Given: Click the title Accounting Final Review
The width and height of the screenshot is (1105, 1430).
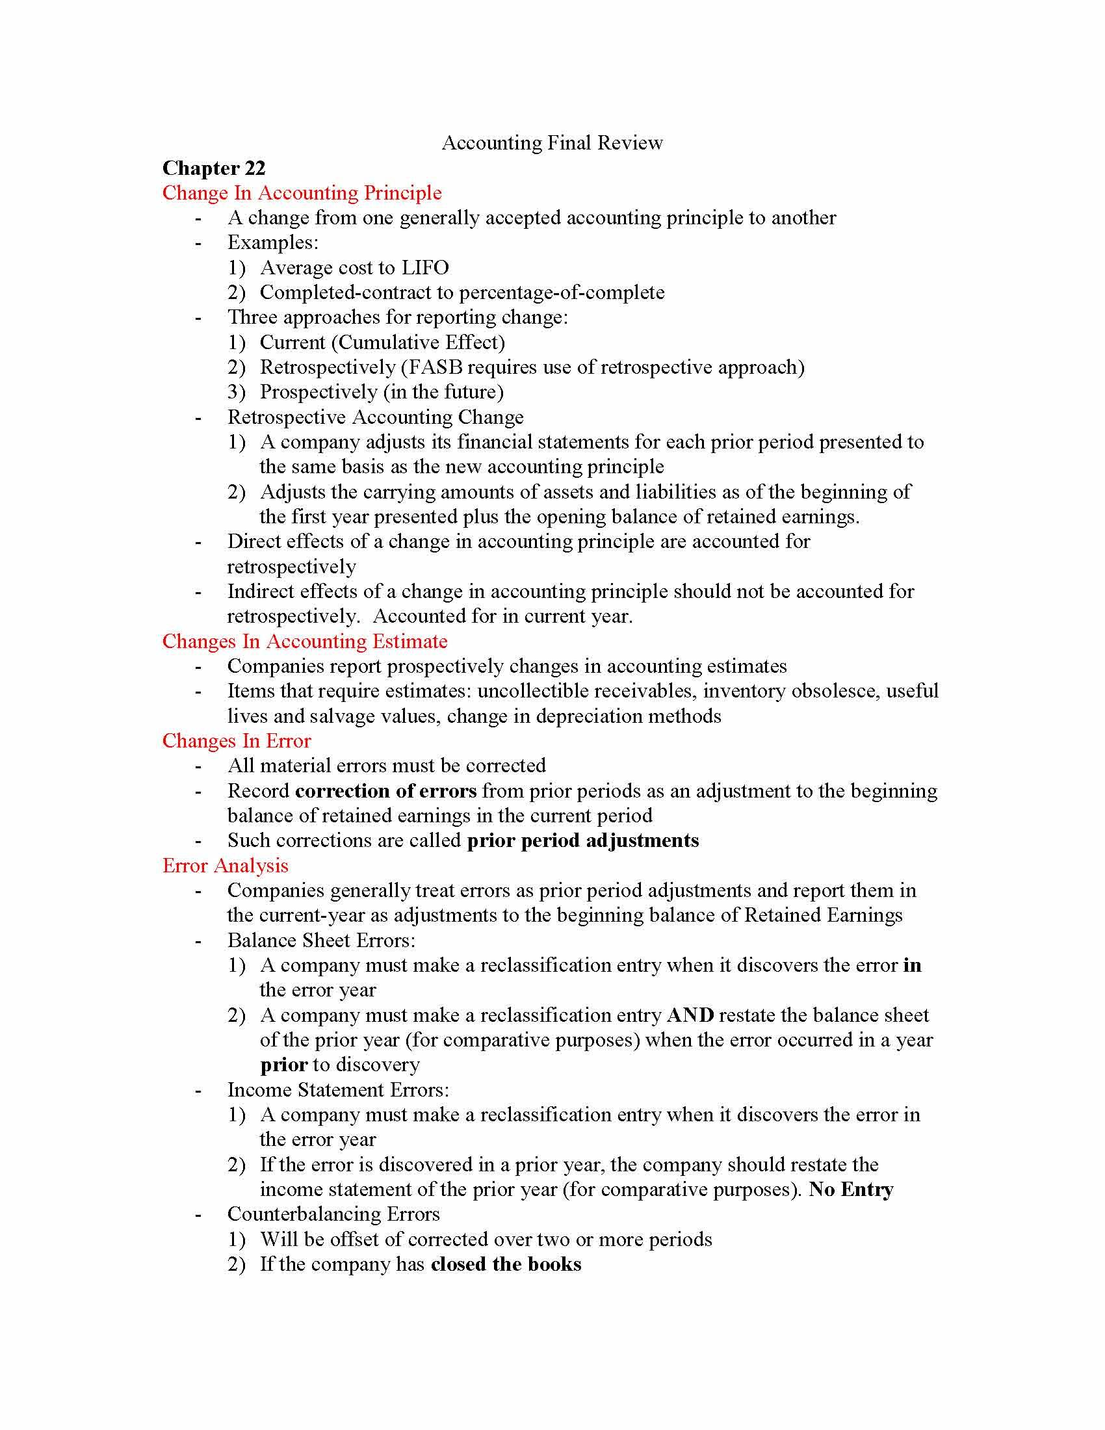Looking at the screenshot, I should coord(552,143).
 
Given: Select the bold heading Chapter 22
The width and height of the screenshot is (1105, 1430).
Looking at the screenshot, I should coord(213,168).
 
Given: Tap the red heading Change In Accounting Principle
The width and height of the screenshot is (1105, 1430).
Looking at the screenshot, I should coord(302,193).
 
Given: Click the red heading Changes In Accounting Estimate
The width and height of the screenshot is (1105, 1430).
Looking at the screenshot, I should coord(304,642).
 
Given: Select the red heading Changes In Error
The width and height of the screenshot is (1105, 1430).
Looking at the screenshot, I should coord(237,741).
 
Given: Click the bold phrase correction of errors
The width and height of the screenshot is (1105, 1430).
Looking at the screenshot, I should coord(385,791).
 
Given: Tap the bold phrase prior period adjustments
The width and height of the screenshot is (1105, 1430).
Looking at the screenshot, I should coord(582,840).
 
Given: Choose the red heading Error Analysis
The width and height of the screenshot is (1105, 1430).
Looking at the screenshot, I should coord(225,866).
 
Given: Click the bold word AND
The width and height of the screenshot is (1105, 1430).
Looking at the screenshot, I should coord(690,1015).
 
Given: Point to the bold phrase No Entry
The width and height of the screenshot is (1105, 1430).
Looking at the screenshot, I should coord(850,1189).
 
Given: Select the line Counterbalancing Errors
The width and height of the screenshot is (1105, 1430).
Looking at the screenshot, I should coord(333,1215).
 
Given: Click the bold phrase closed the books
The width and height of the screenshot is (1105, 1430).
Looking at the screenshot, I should coord(505,1264).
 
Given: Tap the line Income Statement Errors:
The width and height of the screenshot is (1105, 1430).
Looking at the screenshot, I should coord(338,1090).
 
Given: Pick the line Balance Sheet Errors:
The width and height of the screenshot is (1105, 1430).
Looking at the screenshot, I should coord(320,941).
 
